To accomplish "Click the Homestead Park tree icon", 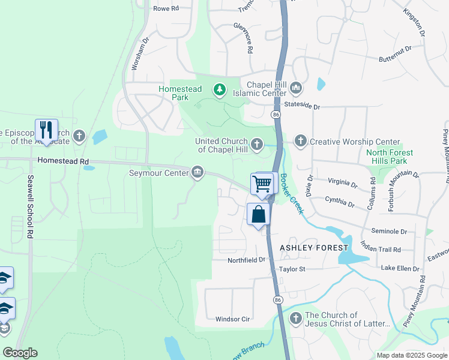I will tap(220, 90).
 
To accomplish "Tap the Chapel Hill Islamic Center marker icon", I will tap(295, 89).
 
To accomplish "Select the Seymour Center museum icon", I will tap(197, 174).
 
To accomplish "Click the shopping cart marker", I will tap(262, 184).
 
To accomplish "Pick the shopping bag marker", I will tap(258, 214).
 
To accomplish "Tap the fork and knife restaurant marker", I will tap(46, 129).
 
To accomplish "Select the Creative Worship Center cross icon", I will tap(300, 142).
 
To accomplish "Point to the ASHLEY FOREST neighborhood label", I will tap(314, 248).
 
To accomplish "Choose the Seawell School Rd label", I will tap(29, 208).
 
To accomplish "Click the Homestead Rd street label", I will tap(62, 161).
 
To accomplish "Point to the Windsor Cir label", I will tap(232, 319).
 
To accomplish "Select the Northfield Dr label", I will tap(246, 260).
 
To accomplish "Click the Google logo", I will tap(20, 353).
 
